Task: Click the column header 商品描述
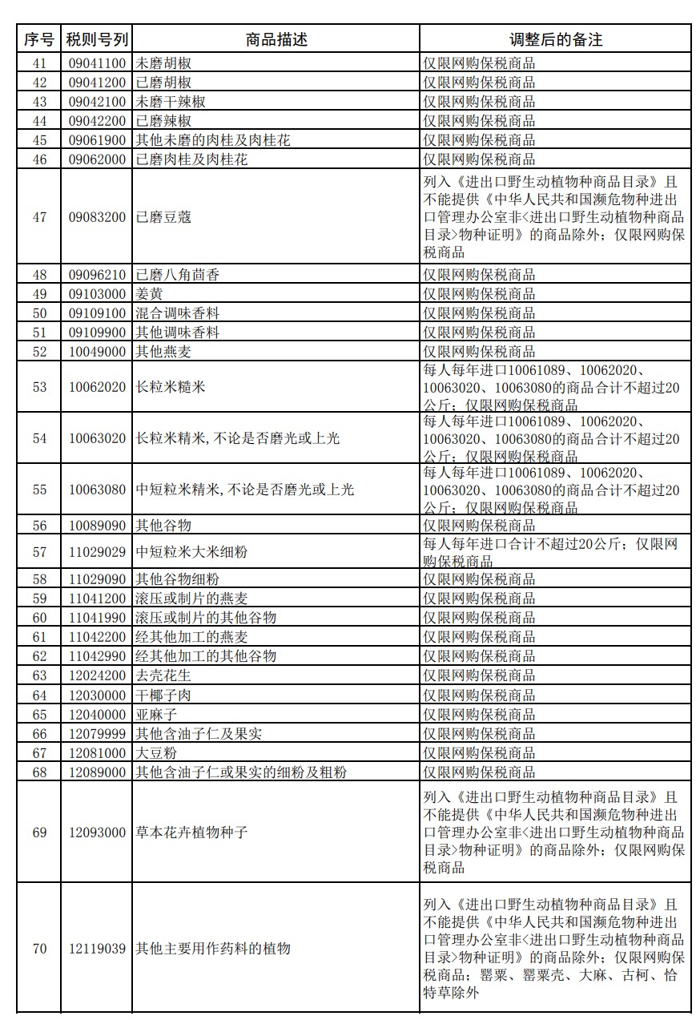click(x=276, y=39)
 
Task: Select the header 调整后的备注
click(x=555, y=39)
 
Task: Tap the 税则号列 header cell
click(x=97, y=39)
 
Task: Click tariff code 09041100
click(x=97, y=63)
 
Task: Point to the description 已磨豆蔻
click(x=163, y=217)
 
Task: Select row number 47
click(x=39, y=217)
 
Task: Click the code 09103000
click(x=97, y=294)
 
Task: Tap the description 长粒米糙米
click(x=171, y=387)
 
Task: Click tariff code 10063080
click(x=97, y=490)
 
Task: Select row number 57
click(x=39, y=552)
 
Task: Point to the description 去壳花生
click(x=163, y=675)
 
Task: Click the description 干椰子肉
click(x=163, y=695)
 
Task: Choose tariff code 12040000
click(x=97, y=714)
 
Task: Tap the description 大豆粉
click(x=157, y=753)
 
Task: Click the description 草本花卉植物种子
click(x=192, y=833)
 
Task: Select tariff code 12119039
click(x=97, y=949)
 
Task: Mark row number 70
click(x=39, y=949)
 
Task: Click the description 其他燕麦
click(x=163, y=352)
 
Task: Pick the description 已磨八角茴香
click(x=178, y=275)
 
